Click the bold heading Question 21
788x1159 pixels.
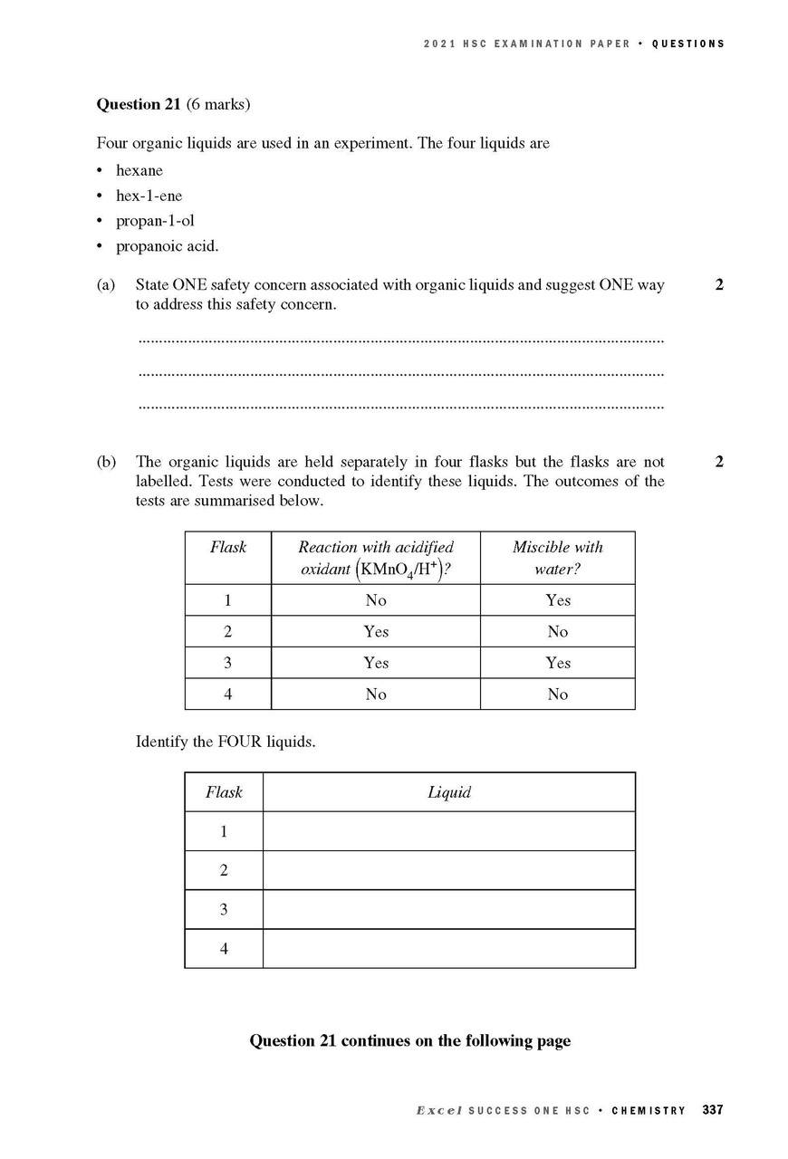(x=140, y=104)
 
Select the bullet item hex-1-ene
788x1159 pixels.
(x=149, y=196)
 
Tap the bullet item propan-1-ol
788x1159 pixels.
(x=155, y=221)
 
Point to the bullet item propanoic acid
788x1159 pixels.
(x=167, y=246)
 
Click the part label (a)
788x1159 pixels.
(x=106, y=285)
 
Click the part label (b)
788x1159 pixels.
(x=106, y=462)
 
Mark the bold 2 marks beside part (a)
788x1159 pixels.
(x=719, y=285)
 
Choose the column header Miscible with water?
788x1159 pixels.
(x=557, y=558)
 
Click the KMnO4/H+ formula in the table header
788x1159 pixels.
(x=401, y=570)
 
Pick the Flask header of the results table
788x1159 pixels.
(x=227, y=547)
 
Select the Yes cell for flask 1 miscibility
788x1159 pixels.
(x=558, y=600)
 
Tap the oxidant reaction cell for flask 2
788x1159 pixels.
(x=376, y=632)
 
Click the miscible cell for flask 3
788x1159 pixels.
(x=558, y=663)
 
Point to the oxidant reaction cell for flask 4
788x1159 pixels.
(x=376, y=694)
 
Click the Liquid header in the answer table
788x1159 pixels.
(x=449, y=792)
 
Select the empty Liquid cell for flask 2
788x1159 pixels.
(x=449, y=870)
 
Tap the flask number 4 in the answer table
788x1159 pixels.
(x=224, y=949)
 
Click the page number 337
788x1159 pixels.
(x=713, y=1110)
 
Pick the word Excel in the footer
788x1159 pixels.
(x=439, y=1110)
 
